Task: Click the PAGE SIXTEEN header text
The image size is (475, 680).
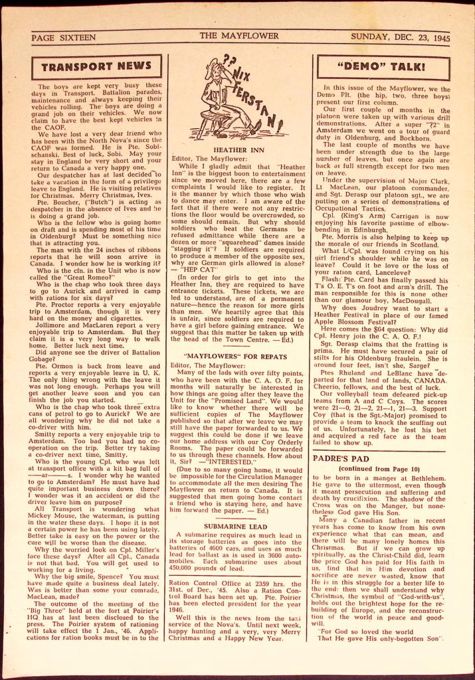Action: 64,38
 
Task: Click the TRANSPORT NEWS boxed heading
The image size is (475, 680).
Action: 96,66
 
